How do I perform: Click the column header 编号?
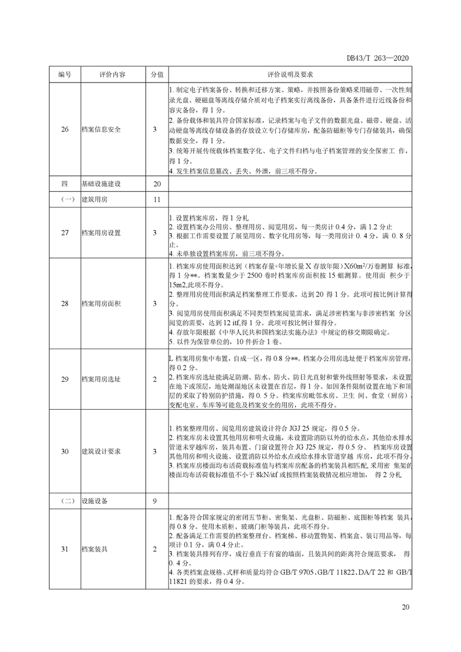coord(65,75)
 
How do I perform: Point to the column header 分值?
coord(155,75)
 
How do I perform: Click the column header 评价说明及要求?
coord(290,75)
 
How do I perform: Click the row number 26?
coord(65,130)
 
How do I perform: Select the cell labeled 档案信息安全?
coord(102,130)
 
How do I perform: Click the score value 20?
coord(155,184)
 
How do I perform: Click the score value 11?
coord(155,199)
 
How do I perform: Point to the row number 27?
coord(65,233)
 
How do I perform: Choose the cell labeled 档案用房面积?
coord(102,303)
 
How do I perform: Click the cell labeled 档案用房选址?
coord(102,379)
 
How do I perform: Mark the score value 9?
coord(155,500)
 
